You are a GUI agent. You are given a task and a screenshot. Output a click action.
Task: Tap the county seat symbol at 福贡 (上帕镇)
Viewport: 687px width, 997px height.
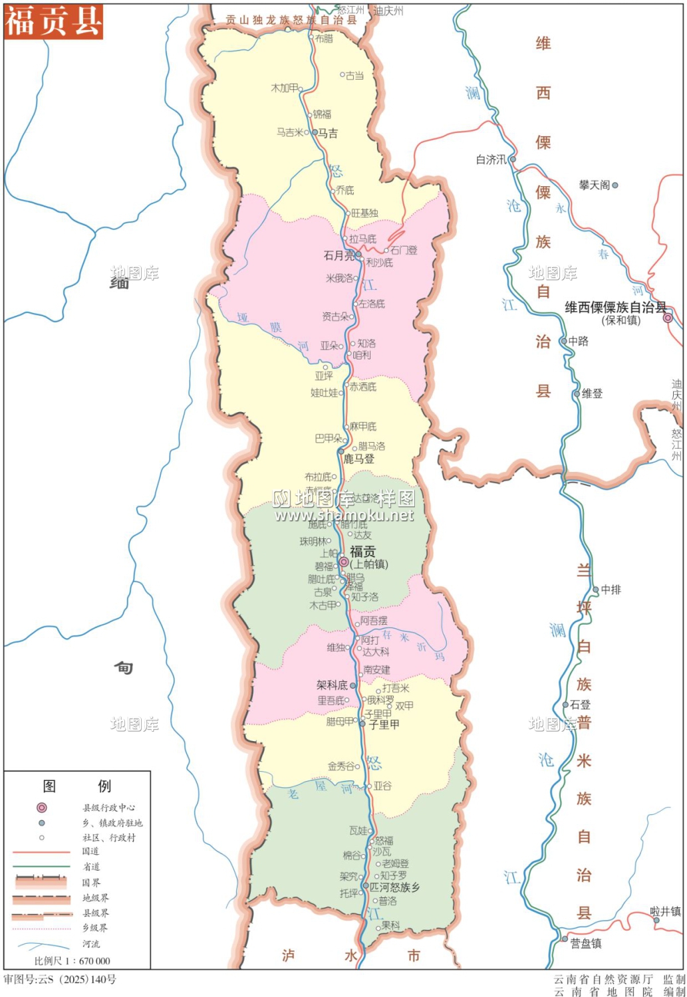343,562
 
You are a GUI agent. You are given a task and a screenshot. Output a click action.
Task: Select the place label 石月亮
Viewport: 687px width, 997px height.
339,255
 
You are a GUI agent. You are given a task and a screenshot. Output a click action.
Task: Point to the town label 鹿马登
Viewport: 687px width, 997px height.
358,459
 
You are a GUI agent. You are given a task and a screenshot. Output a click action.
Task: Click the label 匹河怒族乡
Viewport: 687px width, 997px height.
394,887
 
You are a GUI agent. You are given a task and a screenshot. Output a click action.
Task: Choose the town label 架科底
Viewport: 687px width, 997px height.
332,685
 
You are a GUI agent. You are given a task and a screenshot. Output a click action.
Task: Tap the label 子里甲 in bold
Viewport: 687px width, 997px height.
384,724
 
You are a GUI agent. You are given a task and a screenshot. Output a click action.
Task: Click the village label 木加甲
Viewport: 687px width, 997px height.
284,88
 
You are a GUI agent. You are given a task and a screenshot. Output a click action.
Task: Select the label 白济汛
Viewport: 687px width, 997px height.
491,160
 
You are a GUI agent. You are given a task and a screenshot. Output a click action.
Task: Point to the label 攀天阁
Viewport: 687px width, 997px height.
594,185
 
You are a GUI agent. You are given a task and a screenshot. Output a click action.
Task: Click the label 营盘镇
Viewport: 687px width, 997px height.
586,943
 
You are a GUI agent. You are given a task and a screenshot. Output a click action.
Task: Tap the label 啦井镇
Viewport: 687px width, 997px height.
665,911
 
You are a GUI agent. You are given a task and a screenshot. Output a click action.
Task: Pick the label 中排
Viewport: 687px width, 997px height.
611,590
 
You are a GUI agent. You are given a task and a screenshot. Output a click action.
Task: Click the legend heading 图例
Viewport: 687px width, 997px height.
76,786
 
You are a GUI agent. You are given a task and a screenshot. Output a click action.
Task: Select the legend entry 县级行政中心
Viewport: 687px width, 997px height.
108,808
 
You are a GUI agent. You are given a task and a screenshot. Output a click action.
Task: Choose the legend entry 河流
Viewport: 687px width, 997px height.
91,944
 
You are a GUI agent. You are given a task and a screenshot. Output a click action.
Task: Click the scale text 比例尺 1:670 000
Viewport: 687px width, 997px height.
72,960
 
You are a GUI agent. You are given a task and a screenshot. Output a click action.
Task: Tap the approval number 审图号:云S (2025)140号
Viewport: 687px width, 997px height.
60,979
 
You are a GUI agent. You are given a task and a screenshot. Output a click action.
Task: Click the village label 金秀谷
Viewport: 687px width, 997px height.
341,766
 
